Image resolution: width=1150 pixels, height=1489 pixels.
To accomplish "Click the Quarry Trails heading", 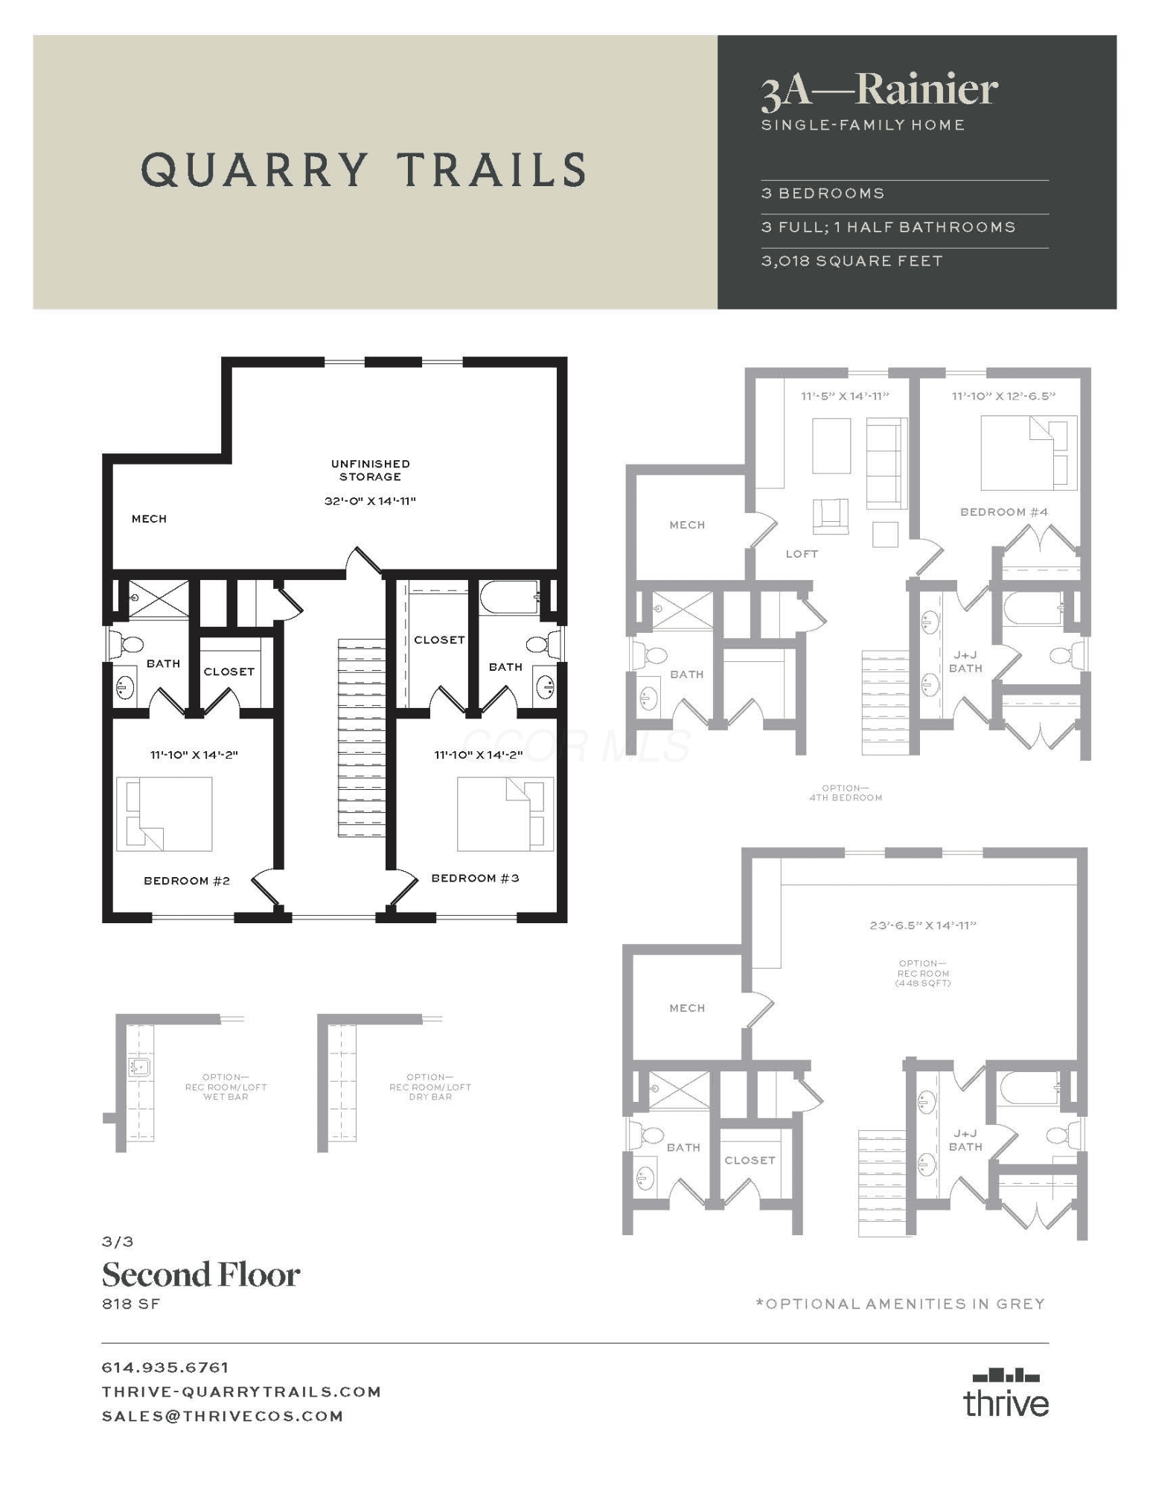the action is [363, 169].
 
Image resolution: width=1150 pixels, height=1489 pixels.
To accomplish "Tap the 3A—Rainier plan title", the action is [879, 90].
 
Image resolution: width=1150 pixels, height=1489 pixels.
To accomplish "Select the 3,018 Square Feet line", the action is [852, 261].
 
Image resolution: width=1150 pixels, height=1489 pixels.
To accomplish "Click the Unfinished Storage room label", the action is [370, 471].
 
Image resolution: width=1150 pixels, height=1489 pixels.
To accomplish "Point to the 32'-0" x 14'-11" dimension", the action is [370, 501].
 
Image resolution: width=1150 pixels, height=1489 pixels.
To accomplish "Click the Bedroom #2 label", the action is [187, 881].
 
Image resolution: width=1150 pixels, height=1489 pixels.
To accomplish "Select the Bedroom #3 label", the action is [476, 879].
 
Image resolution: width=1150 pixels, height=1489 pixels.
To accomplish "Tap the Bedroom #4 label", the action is [1004, 512].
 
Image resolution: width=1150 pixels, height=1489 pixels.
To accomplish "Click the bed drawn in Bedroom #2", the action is [164, 814].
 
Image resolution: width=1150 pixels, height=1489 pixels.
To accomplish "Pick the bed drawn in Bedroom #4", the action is [1029, 453].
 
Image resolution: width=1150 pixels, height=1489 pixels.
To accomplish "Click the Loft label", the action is [802, 554].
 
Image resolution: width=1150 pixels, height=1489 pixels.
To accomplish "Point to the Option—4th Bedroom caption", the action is [846, 793].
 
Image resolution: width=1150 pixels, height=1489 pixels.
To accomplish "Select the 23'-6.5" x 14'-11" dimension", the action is [923, 925].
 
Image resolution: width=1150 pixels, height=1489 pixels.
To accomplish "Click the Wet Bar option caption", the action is [226, 1087].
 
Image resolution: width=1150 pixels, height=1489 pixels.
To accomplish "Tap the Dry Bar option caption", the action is [430, 1087].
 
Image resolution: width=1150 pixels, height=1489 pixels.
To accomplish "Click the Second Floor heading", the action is [201, 1275].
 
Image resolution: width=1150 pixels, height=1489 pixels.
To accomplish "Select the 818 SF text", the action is [131, 1304].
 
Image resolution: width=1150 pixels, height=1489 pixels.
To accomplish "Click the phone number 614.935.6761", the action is [165, 1368].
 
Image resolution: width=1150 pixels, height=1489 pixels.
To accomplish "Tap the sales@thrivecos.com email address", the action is [223, 1416].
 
